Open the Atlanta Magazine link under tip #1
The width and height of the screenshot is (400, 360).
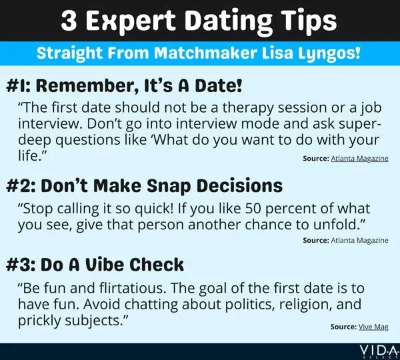(x=360, y=161)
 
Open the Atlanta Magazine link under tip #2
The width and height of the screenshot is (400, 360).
(x=360, y=240)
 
